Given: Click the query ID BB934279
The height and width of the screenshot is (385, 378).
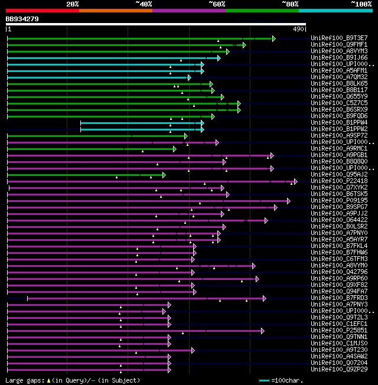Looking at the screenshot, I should point(22,19).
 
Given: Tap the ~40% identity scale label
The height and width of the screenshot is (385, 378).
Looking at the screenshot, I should point(144,4).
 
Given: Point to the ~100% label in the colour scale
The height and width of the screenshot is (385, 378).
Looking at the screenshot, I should point(361,4).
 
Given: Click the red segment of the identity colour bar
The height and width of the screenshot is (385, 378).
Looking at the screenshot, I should point(42,10).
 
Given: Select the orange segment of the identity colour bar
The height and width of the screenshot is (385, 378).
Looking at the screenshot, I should point(115,10).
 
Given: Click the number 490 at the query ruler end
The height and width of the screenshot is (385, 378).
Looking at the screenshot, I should point(298,29).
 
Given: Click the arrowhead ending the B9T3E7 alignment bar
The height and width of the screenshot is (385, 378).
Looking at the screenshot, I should point(273,38).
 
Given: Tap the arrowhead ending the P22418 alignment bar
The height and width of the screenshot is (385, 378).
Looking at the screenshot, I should point(295,181).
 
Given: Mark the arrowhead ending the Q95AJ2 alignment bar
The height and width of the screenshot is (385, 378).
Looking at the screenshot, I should point(164,175).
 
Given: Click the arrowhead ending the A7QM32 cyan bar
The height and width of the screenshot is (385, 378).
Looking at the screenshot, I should point(189,77).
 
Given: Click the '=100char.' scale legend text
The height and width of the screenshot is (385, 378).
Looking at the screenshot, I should point(287,381).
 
